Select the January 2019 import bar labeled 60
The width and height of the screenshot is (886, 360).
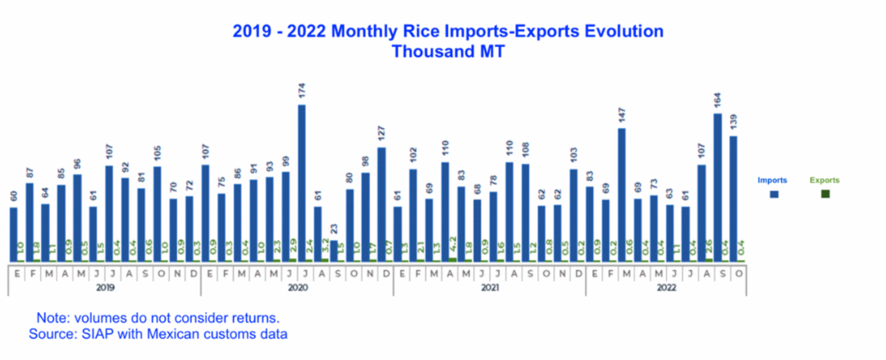click(13, 235)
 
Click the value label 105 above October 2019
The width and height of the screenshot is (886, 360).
click(158, 153)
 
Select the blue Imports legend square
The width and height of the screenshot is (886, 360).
click(774, 194)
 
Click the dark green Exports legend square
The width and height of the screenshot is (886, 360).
click(824, 194)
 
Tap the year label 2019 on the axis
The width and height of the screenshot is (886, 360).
click(104, 289)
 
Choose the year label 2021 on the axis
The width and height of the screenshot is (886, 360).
click(489, 289)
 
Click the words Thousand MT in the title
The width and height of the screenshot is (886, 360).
click(447, 51)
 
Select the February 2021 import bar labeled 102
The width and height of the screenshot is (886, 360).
click(413, 215)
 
